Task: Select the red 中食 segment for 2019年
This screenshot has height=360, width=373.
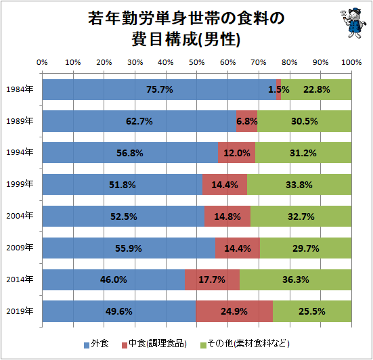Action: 234,312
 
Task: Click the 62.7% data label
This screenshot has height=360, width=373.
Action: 139,122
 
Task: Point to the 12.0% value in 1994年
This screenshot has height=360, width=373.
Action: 237,154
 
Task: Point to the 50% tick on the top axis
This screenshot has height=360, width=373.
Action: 196,62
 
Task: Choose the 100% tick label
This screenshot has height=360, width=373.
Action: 351,62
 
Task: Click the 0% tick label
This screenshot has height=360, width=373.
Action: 42,62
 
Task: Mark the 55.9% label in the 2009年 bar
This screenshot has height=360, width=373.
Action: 129,248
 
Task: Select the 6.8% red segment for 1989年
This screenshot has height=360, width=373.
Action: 247,122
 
